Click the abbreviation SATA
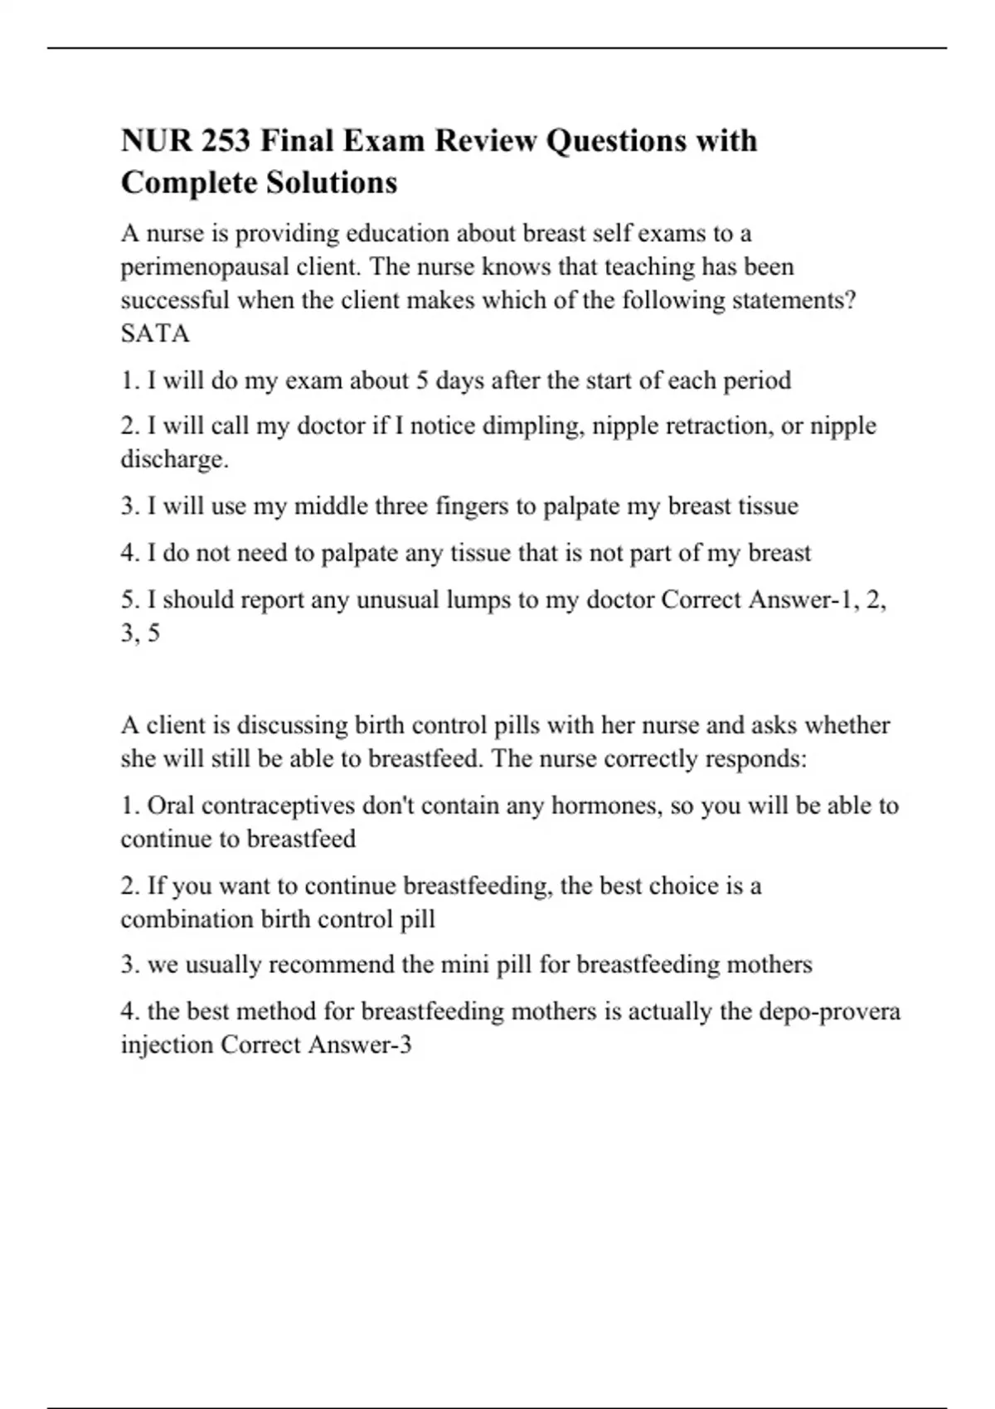coord(155,333)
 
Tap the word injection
coord(167,1044)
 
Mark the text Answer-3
coord(360,1044)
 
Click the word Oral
coord(171,806)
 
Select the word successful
coord(175,300)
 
